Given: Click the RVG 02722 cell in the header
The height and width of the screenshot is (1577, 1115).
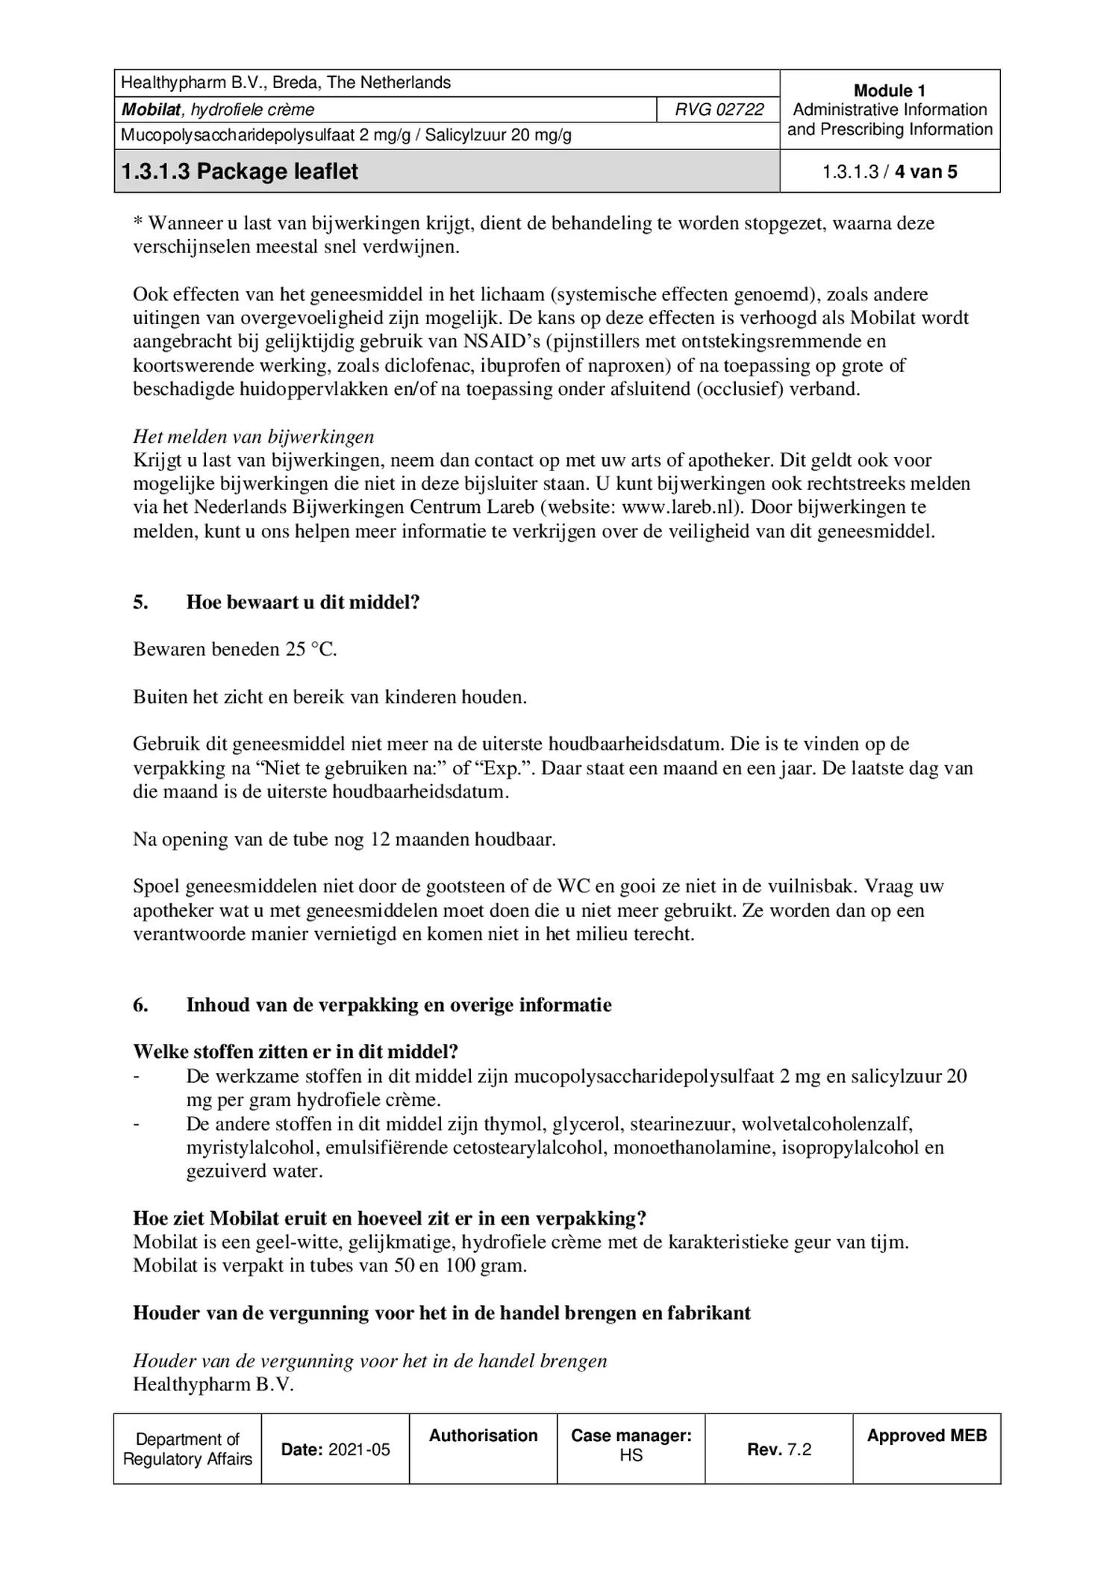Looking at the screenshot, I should [719, 110].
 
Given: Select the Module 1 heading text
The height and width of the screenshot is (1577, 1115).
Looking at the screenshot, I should [889, 91].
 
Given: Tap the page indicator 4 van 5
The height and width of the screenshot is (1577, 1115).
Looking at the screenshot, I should [925, 172].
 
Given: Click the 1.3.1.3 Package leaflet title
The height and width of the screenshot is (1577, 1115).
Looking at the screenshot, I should [240, 172].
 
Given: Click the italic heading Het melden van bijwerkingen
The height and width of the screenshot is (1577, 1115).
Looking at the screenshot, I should [254, 437].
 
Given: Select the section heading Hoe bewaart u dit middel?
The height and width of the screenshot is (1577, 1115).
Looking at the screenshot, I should [303, 603].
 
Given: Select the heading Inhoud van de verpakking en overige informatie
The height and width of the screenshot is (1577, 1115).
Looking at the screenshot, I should [399, 1005].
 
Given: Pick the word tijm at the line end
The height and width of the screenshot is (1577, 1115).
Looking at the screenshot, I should [892, 1242].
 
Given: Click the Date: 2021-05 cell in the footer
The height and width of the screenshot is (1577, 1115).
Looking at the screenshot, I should [335, 1449].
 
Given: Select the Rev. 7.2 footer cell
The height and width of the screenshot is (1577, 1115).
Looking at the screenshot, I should [778, 1449].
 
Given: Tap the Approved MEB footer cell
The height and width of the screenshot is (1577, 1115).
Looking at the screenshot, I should [926, 1435].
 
